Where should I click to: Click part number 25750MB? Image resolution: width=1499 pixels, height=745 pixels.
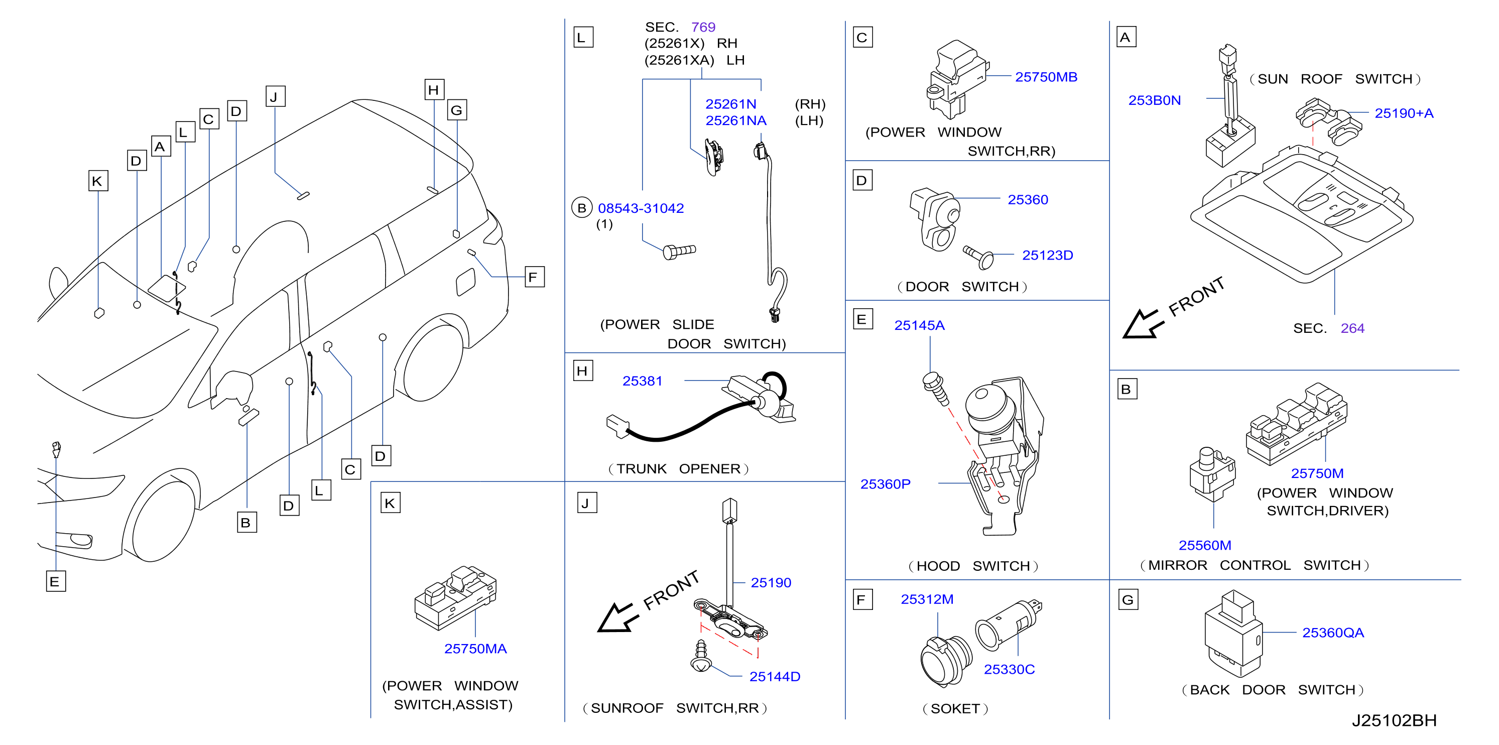point(1046,77)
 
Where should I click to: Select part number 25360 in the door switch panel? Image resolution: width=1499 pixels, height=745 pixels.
point(1028,200)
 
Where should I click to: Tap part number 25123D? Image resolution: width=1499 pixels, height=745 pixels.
point(1047,255)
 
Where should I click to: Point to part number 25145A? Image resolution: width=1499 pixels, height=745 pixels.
point(919,325)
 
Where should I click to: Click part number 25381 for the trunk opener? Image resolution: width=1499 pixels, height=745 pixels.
point(643,381)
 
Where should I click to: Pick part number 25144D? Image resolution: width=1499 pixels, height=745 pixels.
point(775,676)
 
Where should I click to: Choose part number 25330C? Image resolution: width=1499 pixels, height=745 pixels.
point(1009,669)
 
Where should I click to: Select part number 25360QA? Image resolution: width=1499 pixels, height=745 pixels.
point(1332,633)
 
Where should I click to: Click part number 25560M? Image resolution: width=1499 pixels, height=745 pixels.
point(1204,545)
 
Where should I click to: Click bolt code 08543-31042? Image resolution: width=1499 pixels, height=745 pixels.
point(641,208)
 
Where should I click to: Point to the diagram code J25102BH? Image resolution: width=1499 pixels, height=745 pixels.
point(1394,720)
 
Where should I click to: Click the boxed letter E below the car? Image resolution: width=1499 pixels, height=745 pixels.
point(56,581)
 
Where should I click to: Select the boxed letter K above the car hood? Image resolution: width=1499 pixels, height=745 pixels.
point(98,181)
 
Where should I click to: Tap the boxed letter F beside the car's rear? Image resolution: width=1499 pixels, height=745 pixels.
point(534,277)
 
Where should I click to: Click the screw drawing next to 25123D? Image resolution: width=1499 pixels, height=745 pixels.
point(979,257)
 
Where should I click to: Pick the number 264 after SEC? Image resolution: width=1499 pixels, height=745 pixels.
point(1352,328)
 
